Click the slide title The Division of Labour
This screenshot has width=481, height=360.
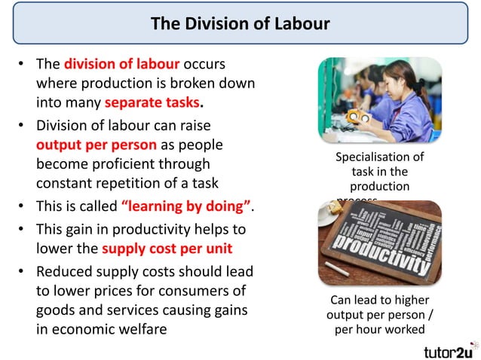240,23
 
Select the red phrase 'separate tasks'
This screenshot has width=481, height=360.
146,102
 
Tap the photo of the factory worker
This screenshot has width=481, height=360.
378,100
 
